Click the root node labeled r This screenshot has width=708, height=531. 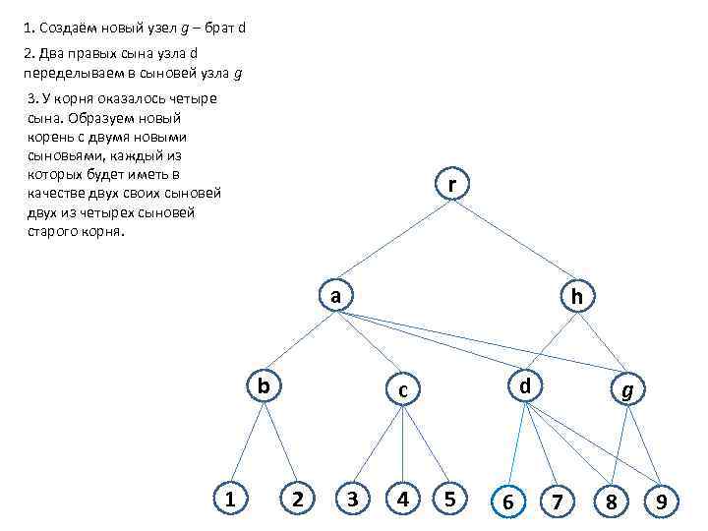click(450, 185)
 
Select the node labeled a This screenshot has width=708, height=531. click(335, 295)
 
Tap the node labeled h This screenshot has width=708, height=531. click(577, 295)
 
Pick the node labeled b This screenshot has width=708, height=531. click(264, 384)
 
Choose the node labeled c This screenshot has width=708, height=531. click(402, 390)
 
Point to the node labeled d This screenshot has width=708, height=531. click(526, 385)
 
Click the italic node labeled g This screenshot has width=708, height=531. click(627, 390)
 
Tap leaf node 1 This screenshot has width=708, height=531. click(230, 500)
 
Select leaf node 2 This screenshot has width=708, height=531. click(296, 500)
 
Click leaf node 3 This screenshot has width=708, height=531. click(352, 500)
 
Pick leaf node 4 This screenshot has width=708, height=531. click(402, 500)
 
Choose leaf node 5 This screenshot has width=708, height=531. click(449, 500)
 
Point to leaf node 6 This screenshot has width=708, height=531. click(507, 502)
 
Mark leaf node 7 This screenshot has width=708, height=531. click(558, 502)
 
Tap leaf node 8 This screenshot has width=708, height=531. click(611, 502)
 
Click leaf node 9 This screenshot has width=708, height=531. click(662, 502)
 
